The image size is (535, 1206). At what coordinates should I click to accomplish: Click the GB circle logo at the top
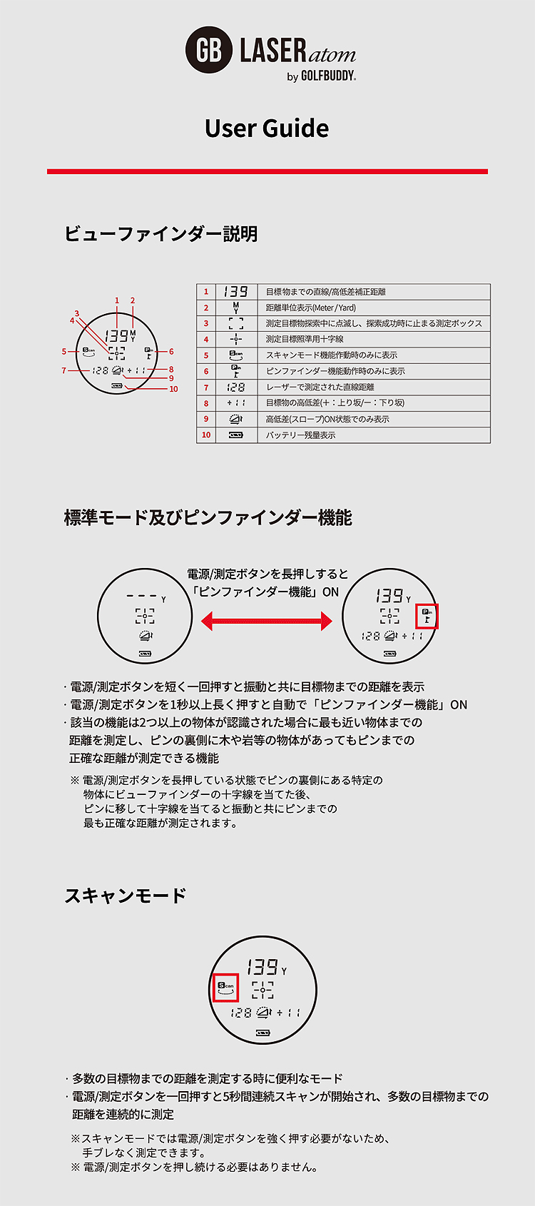tap(209, 51)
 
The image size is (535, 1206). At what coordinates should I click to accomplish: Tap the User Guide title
tap(267, 128)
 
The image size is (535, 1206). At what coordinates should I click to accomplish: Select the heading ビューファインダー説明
tap(161, 234)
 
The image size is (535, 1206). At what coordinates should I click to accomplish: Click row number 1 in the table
tap(206, 292)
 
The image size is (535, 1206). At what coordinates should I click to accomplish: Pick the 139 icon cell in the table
tap(235, 292)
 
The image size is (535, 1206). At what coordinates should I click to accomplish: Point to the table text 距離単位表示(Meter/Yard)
tap(311, 308)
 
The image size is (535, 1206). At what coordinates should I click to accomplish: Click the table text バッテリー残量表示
tap(300, 435)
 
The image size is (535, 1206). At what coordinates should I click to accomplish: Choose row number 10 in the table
tap(206, 435)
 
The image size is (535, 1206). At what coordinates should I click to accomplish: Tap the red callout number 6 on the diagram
tap(171, 352)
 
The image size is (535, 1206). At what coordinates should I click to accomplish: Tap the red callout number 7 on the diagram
tap(63, 370)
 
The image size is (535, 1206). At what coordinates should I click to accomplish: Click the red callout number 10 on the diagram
tap(173, 389)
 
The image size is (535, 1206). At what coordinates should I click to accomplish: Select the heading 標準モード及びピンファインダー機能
tap(208, 518)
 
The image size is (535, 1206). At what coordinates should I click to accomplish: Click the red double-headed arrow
tap(267, 622)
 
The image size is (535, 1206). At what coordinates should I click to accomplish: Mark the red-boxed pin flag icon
tap(427, 616)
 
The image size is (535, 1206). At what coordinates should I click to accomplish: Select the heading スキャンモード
tap(126, 896)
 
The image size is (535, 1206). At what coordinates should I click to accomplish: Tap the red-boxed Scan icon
tap(225, 988)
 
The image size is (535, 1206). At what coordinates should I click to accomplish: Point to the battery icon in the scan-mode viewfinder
tap(263, 1033)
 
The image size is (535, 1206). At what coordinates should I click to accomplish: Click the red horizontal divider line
tap(267, 171)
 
